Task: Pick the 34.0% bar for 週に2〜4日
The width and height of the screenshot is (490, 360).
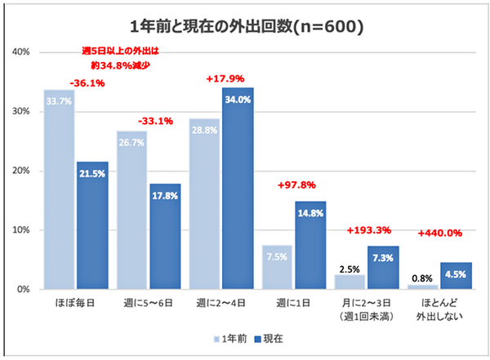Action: click(x=237, y=188)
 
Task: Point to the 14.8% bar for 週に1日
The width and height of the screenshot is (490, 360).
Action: click(x=310, y=245)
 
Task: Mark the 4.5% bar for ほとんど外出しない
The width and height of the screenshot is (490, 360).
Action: click(x=454, y=276)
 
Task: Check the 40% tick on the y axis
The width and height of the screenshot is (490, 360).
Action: click(x=21, y=52)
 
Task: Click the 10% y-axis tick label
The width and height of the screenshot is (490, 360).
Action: click(x=21, y=230)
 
